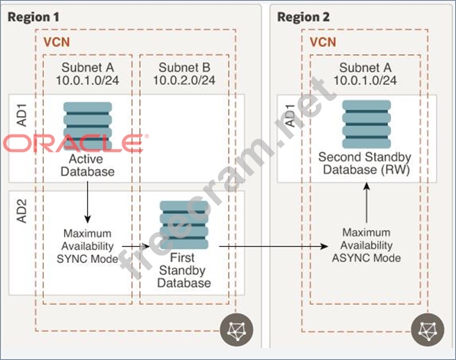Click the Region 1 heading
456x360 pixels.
click(34, 17)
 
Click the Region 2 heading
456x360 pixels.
click(303, 17)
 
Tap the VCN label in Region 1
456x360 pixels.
click(57, 43)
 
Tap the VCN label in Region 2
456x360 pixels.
click(323, 43)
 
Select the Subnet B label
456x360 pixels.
click(184, 68)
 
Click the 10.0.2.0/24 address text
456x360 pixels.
click(184, 80)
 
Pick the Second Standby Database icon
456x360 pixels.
click(366, 125)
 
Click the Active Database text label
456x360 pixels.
click(87, 165)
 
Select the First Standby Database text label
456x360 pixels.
click(184, 271)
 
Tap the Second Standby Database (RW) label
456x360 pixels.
click(365, 164)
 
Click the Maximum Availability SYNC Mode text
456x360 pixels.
click(87, 246)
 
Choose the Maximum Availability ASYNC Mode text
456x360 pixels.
click(366, 245)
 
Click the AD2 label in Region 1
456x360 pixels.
click(22, 211)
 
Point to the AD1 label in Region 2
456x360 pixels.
click(291, 115)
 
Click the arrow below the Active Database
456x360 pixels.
click(87, 203)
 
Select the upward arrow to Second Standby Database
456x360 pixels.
click(366, 203)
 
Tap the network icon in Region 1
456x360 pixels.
click(236, 329)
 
